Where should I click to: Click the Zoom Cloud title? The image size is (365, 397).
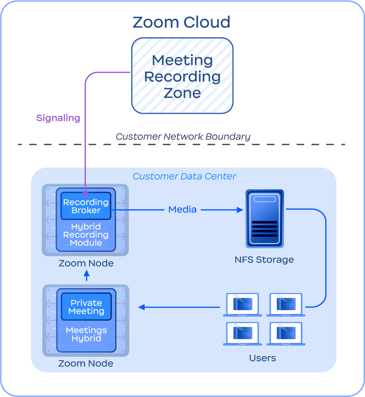click(x=181, y=22)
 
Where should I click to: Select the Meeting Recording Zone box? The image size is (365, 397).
click(x=182, y=76)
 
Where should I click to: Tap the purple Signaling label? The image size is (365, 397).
click(x=58, y=118)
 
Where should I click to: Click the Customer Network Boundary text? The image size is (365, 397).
click(x=183, y=137)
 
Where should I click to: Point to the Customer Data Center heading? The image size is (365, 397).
click(x=184, y=176)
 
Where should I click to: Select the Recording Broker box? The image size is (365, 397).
click(x=85, y=206)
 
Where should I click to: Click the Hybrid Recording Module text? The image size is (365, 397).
click(x=86, y=235)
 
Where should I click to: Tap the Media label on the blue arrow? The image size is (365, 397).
click(x=182, y=210)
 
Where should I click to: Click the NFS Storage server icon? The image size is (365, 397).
click(x=264, y=218)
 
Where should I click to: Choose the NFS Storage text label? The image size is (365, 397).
click(x=264, y=260)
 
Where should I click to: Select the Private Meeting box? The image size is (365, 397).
click(x=86, y=307)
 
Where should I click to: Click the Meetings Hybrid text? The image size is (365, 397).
click(x=86, y=334)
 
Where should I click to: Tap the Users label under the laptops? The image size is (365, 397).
click(x=263, y=358)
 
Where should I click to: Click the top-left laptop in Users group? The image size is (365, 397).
click(x=243, y=305)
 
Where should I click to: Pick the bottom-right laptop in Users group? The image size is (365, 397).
click(x=286, y=334)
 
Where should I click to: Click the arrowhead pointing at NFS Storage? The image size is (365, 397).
click(x=240, y=210)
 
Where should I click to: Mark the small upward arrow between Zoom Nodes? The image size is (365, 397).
click(x=86, y=275)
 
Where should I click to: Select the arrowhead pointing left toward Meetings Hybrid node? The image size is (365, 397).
click(x=141, y=307)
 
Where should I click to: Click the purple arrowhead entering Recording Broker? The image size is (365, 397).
click(x=85, y=194)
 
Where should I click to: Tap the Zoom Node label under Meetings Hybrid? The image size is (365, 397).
click(x=86, y=363)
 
